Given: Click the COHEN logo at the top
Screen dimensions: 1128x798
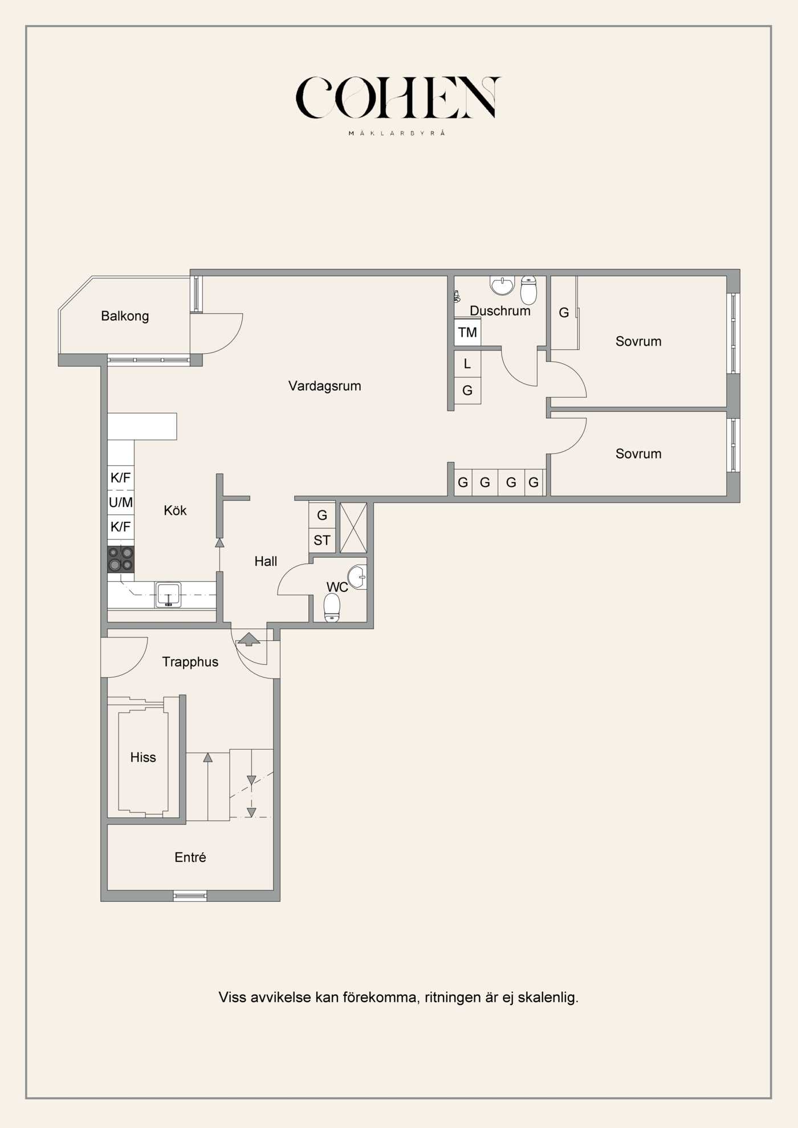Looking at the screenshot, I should click(x=397, y=97).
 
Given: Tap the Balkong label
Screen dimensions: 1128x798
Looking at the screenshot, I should click(x=125, y=316).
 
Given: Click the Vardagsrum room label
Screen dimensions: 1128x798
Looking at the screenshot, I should click(x=324, y=386).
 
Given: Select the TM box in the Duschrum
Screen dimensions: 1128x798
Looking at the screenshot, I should click(x=467, y=332).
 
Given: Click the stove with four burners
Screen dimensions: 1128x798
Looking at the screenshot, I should click(x=121, y=559).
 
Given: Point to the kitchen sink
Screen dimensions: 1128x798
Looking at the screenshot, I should click(x=168, y=595).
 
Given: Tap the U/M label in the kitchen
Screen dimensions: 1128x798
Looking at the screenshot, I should click(x=121, y=502).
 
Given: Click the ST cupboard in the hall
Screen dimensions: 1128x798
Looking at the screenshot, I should click(x=322, y=540).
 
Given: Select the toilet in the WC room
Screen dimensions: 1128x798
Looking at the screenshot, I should click(x=332, y=608).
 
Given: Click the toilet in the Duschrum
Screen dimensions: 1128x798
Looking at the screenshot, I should click(x=528, y=291).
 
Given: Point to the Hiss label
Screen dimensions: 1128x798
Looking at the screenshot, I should click(x=142, y=757).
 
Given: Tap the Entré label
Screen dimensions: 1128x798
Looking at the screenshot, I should click(x=190, y=857).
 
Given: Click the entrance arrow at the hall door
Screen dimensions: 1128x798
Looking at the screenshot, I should click(x=249, y=639).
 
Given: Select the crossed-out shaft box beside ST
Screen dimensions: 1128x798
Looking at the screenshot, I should click(x=353, y=528).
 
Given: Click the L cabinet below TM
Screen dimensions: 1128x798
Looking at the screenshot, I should click(x=467, y=363).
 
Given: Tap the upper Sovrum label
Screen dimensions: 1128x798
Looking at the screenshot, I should click(x=638, y=341).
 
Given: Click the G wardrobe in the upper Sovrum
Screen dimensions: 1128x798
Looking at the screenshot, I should click(x=564, y=312).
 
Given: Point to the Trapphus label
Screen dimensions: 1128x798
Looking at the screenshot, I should click(x=190, y=661).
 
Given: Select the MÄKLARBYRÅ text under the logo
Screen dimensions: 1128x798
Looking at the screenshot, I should click(x=397, y=133).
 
